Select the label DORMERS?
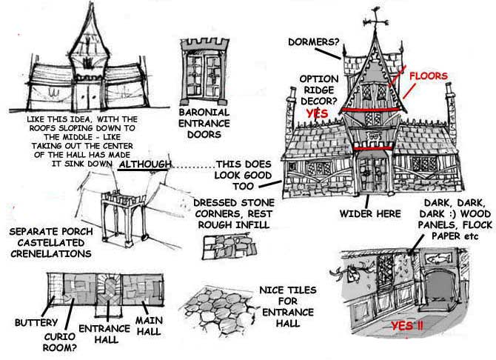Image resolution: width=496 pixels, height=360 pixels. pos(315,41)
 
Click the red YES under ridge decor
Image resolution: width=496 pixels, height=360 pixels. pos(317,113)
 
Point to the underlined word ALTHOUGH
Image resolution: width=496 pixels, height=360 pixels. pos(144,164)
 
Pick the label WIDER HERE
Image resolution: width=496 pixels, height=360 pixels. pos(370,214)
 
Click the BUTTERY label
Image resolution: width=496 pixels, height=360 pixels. pos(34,323)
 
